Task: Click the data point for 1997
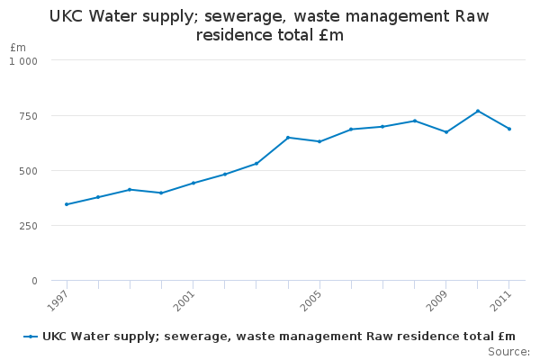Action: [x=67, y=204]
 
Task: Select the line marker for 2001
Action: [x=193, y=183]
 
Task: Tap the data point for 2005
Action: [x=319, y=141]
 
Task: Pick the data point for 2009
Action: [x=446, y=132]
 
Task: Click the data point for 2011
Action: [x=509, y=129]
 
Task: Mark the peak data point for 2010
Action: [x=478, y=111]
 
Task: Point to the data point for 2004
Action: [x=288, y=138]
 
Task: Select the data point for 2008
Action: [x=415, y=121]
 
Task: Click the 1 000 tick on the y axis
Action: [x=23, y=60]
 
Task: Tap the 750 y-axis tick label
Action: [x=29, y=116]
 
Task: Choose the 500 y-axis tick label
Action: [x=29, y=171]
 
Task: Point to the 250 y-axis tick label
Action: [x=29, y=226]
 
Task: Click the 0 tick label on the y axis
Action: [x=34, y=281]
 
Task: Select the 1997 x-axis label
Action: [x=58, y=299]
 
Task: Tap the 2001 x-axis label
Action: [x=184, y=299]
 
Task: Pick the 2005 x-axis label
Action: [x=310, y=299]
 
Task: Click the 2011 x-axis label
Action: [x=500, y=299]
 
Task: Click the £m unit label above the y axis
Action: [x=18, y=47]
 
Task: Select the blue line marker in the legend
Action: [x=31, y=337]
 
